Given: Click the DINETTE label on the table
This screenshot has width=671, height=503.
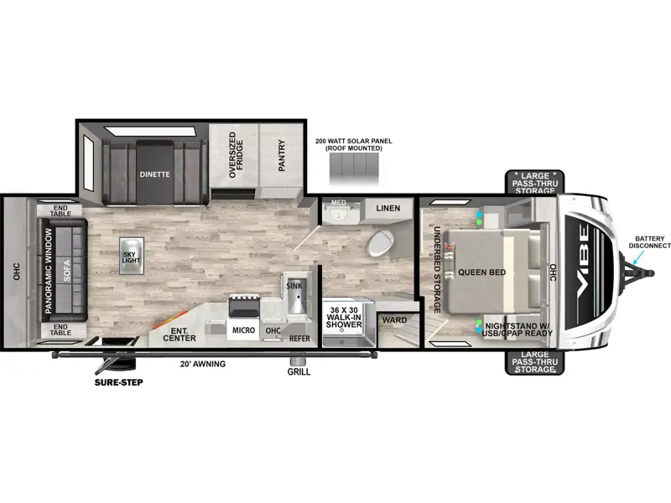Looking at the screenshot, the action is point(154,174).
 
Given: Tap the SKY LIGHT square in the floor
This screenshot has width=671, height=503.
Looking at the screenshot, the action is point(132,256).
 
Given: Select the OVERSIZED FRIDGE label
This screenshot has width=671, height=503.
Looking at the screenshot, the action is point(236,155).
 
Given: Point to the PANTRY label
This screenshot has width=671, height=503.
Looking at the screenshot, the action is point(282,155).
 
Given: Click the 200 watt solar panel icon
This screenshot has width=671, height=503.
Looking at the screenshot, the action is point(354,169).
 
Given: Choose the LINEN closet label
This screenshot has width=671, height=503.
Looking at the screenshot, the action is point(388,208).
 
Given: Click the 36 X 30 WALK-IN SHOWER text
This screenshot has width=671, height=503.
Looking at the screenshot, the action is point(344,317).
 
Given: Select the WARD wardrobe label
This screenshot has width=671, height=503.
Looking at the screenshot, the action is point(394,320).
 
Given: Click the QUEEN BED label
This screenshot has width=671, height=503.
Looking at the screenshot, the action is point(481,272).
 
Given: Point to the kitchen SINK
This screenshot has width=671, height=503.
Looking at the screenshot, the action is point(295,293).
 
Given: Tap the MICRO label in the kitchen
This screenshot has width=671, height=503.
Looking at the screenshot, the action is point(243,330).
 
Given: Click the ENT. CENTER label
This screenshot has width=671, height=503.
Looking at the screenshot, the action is point(179,334).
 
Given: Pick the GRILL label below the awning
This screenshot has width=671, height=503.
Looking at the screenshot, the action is point(299,371).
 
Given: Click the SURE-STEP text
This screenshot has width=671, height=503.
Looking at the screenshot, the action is point(118,382).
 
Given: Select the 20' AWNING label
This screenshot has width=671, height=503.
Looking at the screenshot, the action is point(203,364).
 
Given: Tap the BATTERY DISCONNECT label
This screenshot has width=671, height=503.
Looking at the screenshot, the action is point(649,242).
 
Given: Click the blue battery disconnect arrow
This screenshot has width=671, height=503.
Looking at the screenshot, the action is point(638,257).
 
